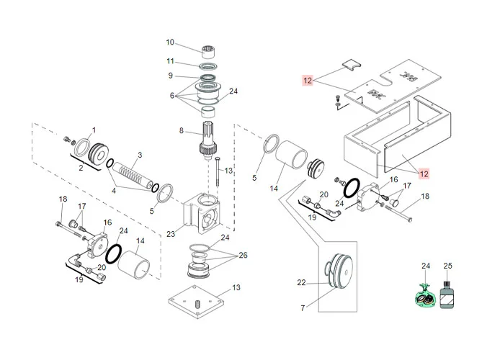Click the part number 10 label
[170, 41]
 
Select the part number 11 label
[170, 60]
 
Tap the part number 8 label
[182, 130]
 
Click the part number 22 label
[302, 284]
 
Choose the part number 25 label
[447, 266]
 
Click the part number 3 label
[140, 155]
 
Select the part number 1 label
[93, 130]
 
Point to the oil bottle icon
[448, 295]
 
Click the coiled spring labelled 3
[130, 176]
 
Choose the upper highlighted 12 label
[307, 81]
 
